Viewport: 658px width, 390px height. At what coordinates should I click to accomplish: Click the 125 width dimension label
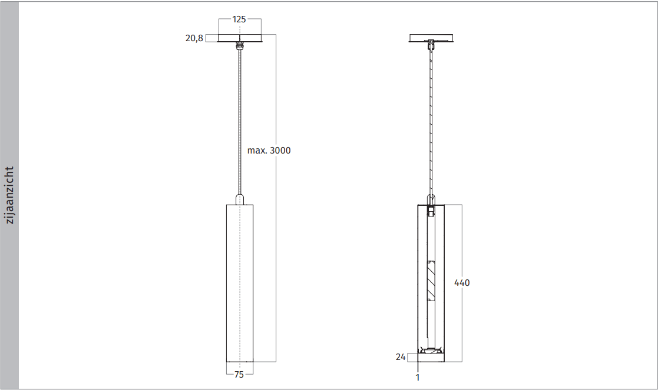click(239, 19)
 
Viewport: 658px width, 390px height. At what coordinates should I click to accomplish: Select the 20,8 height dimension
click(194, 38)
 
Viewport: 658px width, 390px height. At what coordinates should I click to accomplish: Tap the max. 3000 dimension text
click(269, 151)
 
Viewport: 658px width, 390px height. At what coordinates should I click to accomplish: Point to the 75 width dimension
click(239, 374)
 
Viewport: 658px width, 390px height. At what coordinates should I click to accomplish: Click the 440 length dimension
click(462, 283)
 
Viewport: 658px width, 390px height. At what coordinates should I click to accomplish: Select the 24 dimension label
click(401, 356)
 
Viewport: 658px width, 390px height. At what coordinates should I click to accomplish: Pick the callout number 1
click(418, 378)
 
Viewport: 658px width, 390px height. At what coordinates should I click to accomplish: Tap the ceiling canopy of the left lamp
click(240, 39)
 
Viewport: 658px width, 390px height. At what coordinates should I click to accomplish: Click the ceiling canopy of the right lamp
click(432, 39)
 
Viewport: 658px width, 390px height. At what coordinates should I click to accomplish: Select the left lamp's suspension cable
click(240, 118)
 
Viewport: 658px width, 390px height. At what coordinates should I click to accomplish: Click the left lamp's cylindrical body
click(240, 282)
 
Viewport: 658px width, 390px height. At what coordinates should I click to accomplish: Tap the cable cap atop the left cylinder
click(240, 199)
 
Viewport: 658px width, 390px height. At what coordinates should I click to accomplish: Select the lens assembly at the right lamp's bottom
click(432, 352)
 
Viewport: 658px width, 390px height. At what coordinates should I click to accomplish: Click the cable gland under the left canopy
click(240, 45)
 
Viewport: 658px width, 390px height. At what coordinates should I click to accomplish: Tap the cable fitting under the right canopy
click(432, 45)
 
